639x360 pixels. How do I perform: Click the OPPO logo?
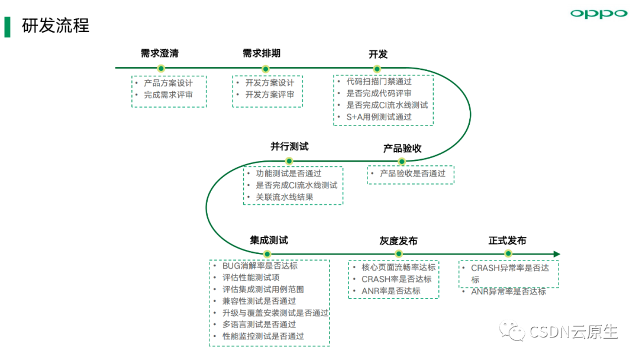point(599,14)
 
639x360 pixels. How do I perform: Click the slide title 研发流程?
point(56,25)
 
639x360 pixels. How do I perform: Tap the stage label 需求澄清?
point(160,53)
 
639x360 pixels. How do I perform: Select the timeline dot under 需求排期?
point(265,69)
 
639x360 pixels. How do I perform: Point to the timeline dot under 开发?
point(377,69)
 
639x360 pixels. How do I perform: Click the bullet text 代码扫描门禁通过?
point(379,82)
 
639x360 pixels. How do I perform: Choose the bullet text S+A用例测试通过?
point(379,117)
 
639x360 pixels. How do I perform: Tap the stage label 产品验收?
point(402,149)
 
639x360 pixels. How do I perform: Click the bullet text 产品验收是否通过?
point(412,173)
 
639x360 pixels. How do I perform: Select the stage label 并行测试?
point(289,147)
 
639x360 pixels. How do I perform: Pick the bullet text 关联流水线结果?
point(285,197)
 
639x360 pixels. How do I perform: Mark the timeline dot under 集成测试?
point(267,255)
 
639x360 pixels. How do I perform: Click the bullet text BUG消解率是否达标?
point(260,266)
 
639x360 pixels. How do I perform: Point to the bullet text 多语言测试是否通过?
point(259,324)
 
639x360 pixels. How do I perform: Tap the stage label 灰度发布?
point(398,242)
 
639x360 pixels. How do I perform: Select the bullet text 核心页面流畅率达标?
point(399,268)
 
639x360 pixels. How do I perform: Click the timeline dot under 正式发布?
point(508,253)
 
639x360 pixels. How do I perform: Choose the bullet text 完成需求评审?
point(168,95)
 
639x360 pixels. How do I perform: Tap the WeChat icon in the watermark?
point(512,330)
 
